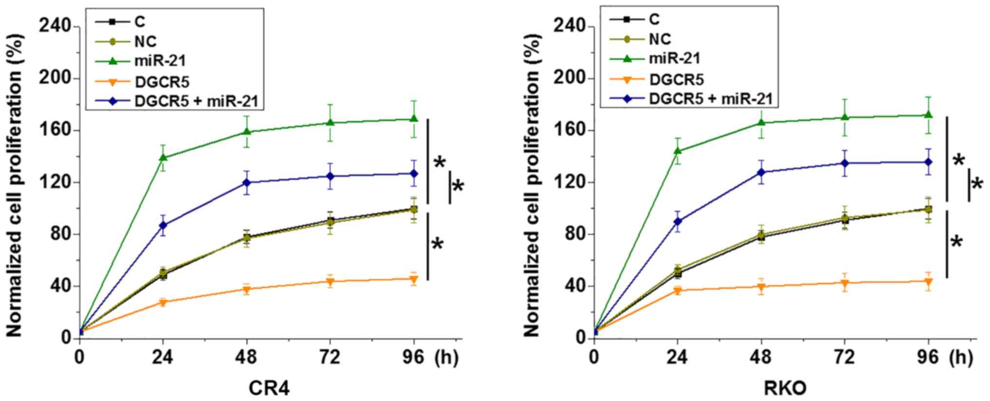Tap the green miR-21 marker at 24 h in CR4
coord(163,157)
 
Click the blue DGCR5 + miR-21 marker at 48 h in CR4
coord(247,182)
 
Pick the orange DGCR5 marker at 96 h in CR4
coord(414,279)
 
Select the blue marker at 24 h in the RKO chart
coord(677,221)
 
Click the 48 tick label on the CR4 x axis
coord(246,357)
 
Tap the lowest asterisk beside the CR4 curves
coord(438,244)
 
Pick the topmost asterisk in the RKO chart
coord(958,160)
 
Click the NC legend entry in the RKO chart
coord(660,39)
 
